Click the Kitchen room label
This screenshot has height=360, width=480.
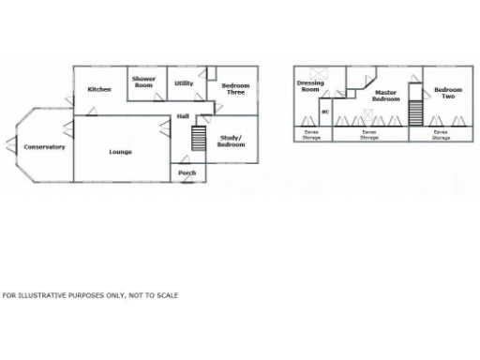(99, 89)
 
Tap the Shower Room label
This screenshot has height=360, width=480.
(143, 82)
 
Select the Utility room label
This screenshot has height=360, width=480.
(184, 83)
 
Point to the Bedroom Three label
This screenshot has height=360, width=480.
(234, 89)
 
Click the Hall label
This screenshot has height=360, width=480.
(184, 115)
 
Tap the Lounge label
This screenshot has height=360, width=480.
(120, 151)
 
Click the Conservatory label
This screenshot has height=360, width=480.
(45, 147)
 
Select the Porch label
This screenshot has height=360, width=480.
(187, 173)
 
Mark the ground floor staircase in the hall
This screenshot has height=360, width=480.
(198, 139)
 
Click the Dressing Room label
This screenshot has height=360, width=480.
(310, 86)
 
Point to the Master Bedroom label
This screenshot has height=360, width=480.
(386, 96)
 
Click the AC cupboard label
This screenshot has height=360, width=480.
(325, 112)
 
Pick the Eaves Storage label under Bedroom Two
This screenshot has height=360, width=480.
(441, 135)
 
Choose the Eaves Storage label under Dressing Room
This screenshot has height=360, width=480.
(311, 135)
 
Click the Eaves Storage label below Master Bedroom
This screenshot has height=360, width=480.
(369, 135)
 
